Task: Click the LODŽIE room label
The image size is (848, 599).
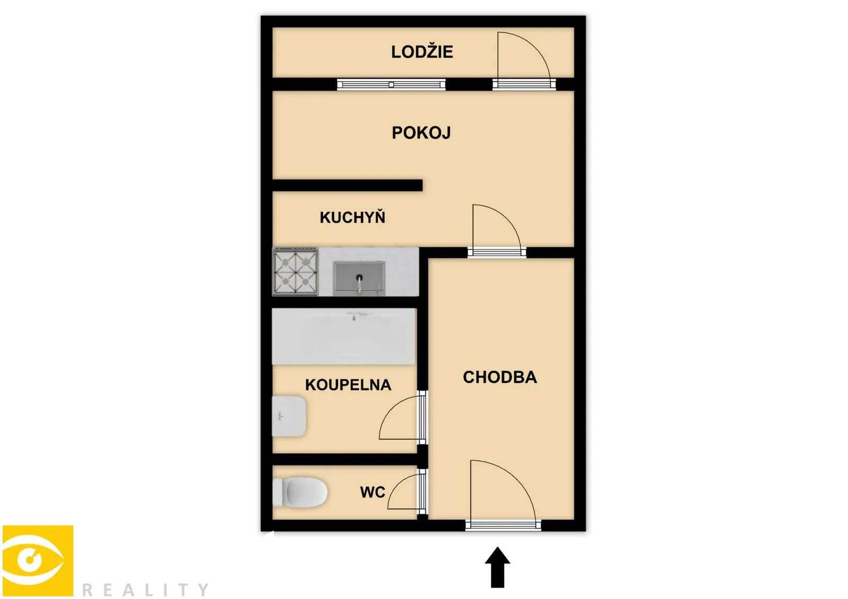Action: tap(422, 52)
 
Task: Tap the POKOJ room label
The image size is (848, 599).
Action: tap(421, 133)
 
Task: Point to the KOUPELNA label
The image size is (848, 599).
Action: tap(348, 385)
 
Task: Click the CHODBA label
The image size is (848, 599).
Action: tap(500, 377)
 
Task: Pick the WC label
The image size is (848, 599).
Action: tap(373, 492)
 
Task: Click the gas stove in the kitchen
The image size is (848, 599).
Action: tap(295, 271)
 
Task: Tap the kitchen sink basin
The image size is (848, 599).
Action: tap(359, 278)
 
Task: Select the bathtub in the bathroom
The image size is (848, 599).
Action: tap(344, 336)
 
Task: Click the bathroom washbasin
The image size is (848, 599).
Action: tap(289, 416)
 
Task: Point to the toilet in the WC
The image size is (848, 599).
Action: tap(300, 493)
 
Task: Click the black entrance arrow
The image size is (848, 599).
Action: tap(498, 567)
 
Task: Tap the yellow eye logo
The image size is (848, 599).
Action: tap(38, 561)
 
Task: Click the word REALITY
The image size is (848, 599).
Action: tap(145, 589)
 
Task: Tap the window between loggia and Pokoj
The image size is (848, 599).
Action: tap(391, 84)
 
